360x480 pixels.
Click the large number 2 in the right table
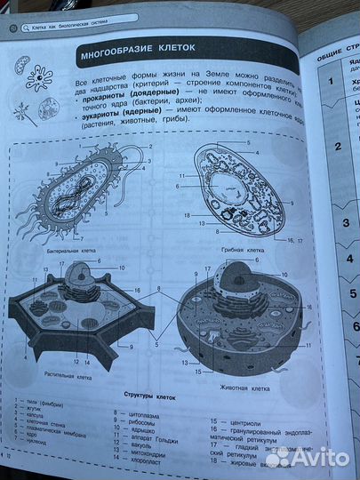[x=312, y=148]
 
